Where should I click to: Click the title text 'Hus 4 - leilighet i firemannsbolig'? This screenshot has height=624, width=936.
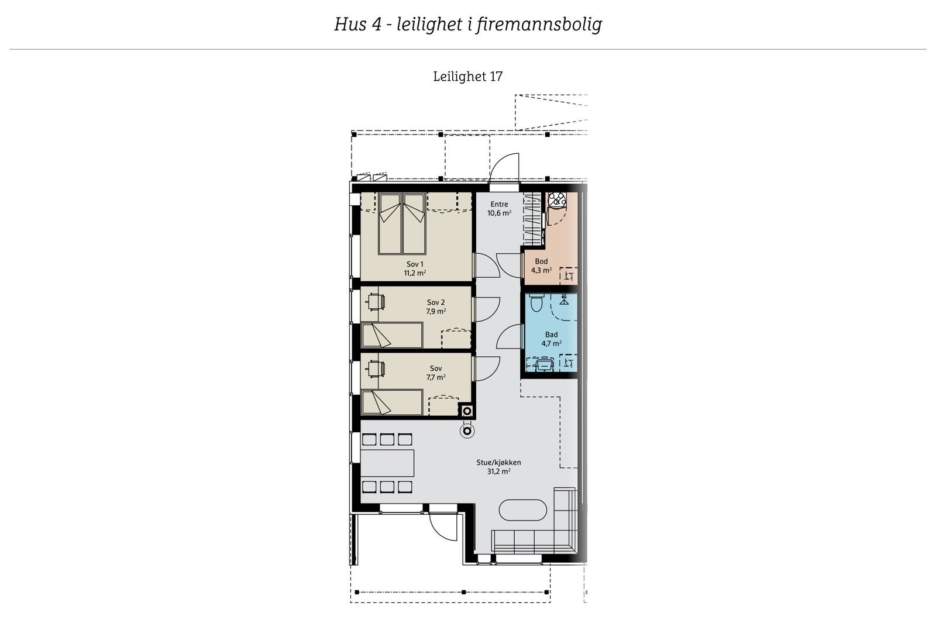coord(468,25)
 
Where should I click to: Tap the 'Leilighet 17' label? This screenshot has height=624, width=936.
coord(467,77)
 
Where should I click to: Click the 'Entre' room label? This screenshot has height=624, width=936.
coord(499,204)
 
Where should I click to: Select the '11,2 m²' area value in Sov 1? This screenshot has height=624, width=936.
coord(414,273)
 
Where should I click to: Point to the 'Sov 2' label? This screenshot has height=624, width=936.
coord(436,302)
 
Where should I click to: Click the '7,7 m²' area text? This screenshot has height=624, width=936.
coord(436,377)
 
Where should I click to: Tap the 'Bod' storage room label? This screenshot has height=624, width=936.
coord(541,261)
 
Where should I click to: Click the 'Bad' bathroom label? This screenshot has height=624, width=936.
coord(551,335)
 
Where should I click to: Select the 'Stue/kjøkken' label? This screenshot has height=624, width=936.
coord(499,462)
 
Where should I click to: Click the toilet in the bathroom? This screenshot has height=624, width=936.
coord(536,304)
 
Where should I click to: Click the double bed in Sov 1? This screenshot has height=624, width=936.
coord(401,224)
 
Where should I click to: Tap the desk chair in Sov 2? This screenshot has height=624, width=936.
coord(374,301)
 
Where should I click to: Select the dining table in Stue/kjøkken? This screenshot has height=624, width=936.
coord(387,463)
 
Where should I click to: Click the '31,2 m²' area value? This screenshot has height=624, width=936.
coord(499,471)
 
